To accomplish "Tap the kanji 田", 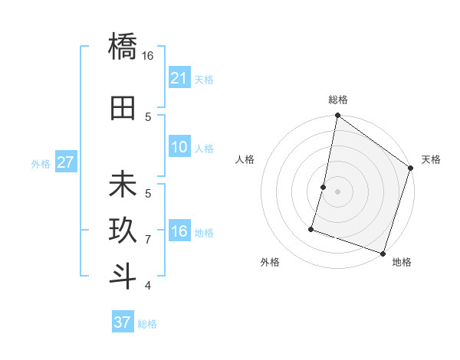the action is click(123, 109).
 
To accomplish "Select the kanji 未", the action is click(123, 185).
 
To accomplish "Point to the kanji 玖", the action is click(123, 231).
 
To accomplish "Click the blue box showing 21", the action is click(179, 78).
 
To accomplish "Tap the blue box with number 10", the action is click(179, 147).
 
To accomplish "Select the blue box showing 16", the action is click(179, 231).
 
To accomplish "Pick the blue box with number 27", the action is click(65, 162).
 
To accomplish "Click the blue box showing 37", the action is click(122, 322).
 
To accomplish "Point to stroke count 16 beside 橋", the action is click(148, 56).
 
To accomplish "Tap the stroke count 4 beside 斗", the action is click(148, 286).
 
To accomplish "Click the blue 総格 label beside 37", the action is click(147, 324).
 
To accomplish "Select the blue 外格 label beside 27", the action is click(40, 163).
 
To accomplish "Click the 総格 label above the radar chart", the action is click(337, 100).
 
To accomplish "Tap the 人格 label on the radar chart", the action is click(245, 159).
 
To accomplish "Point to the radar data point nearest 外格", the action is click(312, 228).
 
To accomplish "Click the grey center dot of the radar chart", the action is click(337, 191).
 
